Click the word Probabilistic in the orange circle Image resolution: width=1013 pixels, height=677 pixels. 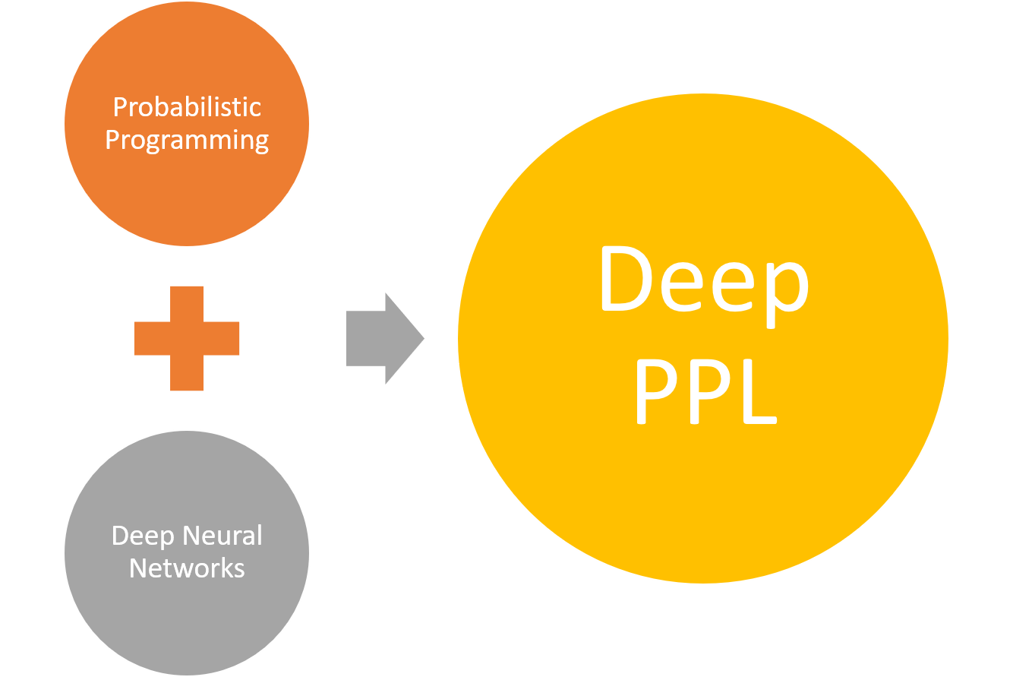click(187, 107)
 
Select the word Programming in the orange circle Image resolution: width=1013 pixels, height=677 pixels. click(187, 141)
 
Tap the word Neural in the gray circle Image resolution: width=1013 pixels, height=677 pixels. click(225, 536)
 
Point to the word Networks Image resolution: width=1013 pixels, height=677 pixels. click(187, 568)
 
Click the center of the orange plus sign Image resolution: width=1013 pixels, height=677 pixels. click(187, 338)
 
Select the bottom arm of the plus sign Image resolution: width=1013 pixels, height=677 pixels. click(187, 374)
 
